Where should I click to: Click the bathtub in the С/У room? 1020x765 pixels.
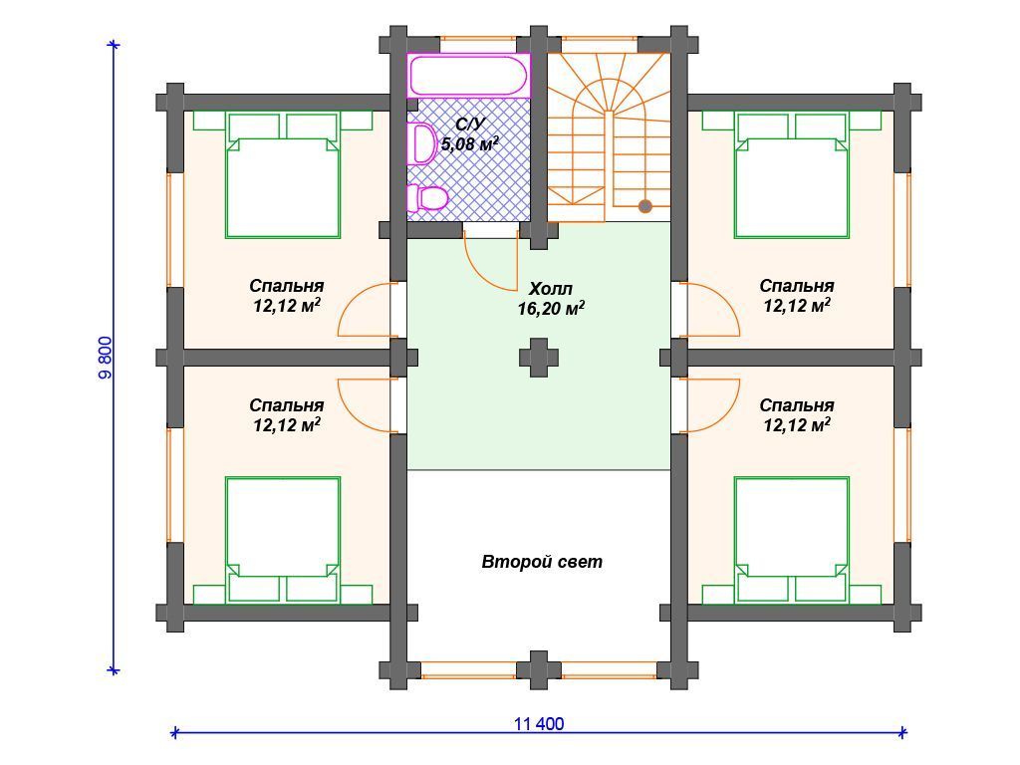[468, 76]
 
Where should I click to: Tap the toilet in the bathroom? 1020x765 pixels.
[426, 198]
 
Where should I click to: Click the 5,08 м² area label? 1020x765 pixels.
[470, 143]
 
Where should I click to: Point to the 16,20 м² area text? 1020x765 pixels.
[550, 309]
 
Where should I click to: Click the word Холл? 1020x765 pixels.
[550, 289]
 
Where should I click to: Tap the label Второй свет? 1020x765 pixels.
[542, 562]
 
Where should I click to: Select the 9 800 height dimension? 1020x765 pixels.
[106, 358]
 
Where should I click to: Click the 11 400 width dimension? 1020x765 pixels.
[539, 723]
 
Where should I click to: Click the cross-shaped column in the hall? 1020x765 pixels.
[539, 358]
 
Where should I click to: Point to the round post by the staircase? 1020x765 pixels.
[644, 206]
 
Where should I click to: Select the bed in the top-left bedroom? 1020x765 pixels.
[283, 175]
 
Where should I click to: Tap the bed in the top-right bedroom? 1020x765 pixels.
[792, 175]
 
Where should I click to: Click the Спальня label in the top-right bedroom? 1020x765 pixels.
[797, 286]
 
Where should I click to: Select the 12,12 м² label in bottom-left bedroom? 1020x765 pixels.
[287, 425]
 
